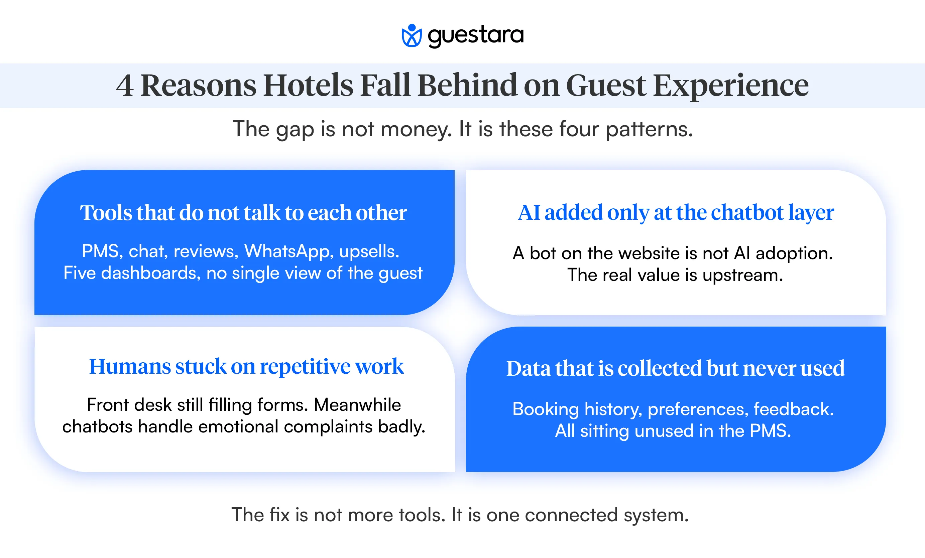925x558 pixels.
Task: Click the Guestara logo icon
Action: tap(412, 36)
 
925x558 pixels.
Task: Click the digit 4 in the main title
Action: tap(125, 85)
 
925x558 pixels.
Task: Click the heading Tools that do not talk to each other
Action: tap(243, 213)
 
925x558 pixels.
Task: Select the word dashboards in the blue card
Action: tap(150, 273)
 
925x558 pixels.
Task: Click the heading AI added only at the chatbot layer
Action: tap(676, 213)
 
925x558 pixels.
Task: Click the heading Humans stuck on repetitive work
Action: tap(246, 366)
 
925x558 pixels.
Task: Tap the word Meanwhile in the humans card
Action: tap(357, 405)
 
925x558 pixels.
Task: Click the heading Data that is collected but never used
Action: tap(675, 368)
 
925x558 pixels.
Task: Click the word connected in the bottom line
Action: tap(571, 515)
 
